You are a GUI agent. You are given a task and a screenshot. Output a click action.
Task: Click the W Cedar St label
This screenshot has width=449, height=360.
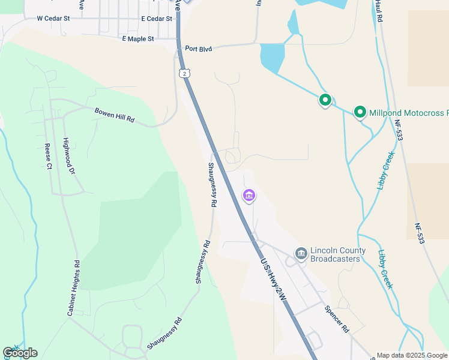click(x=53, y=19)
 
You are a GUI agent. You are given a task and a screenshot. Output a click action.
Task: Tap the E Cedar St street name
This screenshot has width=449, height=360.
click(x=157, y=19)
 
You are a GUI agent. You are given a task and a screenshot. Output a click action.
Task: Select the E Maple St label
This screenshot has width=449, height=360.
click(x=138, y=39)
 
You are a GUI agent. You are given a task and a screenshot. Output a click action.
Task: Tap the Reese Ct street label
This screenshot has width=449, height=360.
click(x=48, y=157)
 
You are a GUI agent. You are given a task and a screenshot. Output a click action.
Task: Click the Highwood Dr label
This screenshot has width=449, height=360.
click(x=68, y=156)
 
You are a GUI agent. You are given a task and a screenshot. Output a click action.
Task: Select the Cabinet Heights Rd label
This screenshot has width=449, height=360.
click(x=73, y=288)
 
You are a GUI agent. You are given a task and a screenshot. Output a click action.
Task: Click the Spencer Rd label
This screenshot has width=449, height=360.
click(x=336, y=319)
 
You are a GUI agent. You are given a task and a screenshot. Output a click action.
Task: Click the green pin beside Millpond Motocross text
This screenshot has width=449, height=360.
click(x=360, y=112)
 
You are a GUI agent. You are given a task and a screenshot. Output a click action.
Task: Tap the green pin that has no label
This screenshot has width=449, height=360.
click(x=325, y=100)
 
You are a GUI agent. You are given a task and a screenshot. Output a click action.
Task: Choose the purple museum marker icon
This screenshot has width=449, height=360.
click(x=249, y=196)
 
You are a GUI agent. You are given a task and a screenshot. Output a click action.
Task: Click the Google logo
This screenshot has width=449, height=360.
click(x=20, y=352)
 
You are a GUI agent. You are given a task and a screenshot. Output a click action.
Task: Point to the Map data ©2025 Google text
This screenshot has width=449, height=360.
click(x=412, y=355)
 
